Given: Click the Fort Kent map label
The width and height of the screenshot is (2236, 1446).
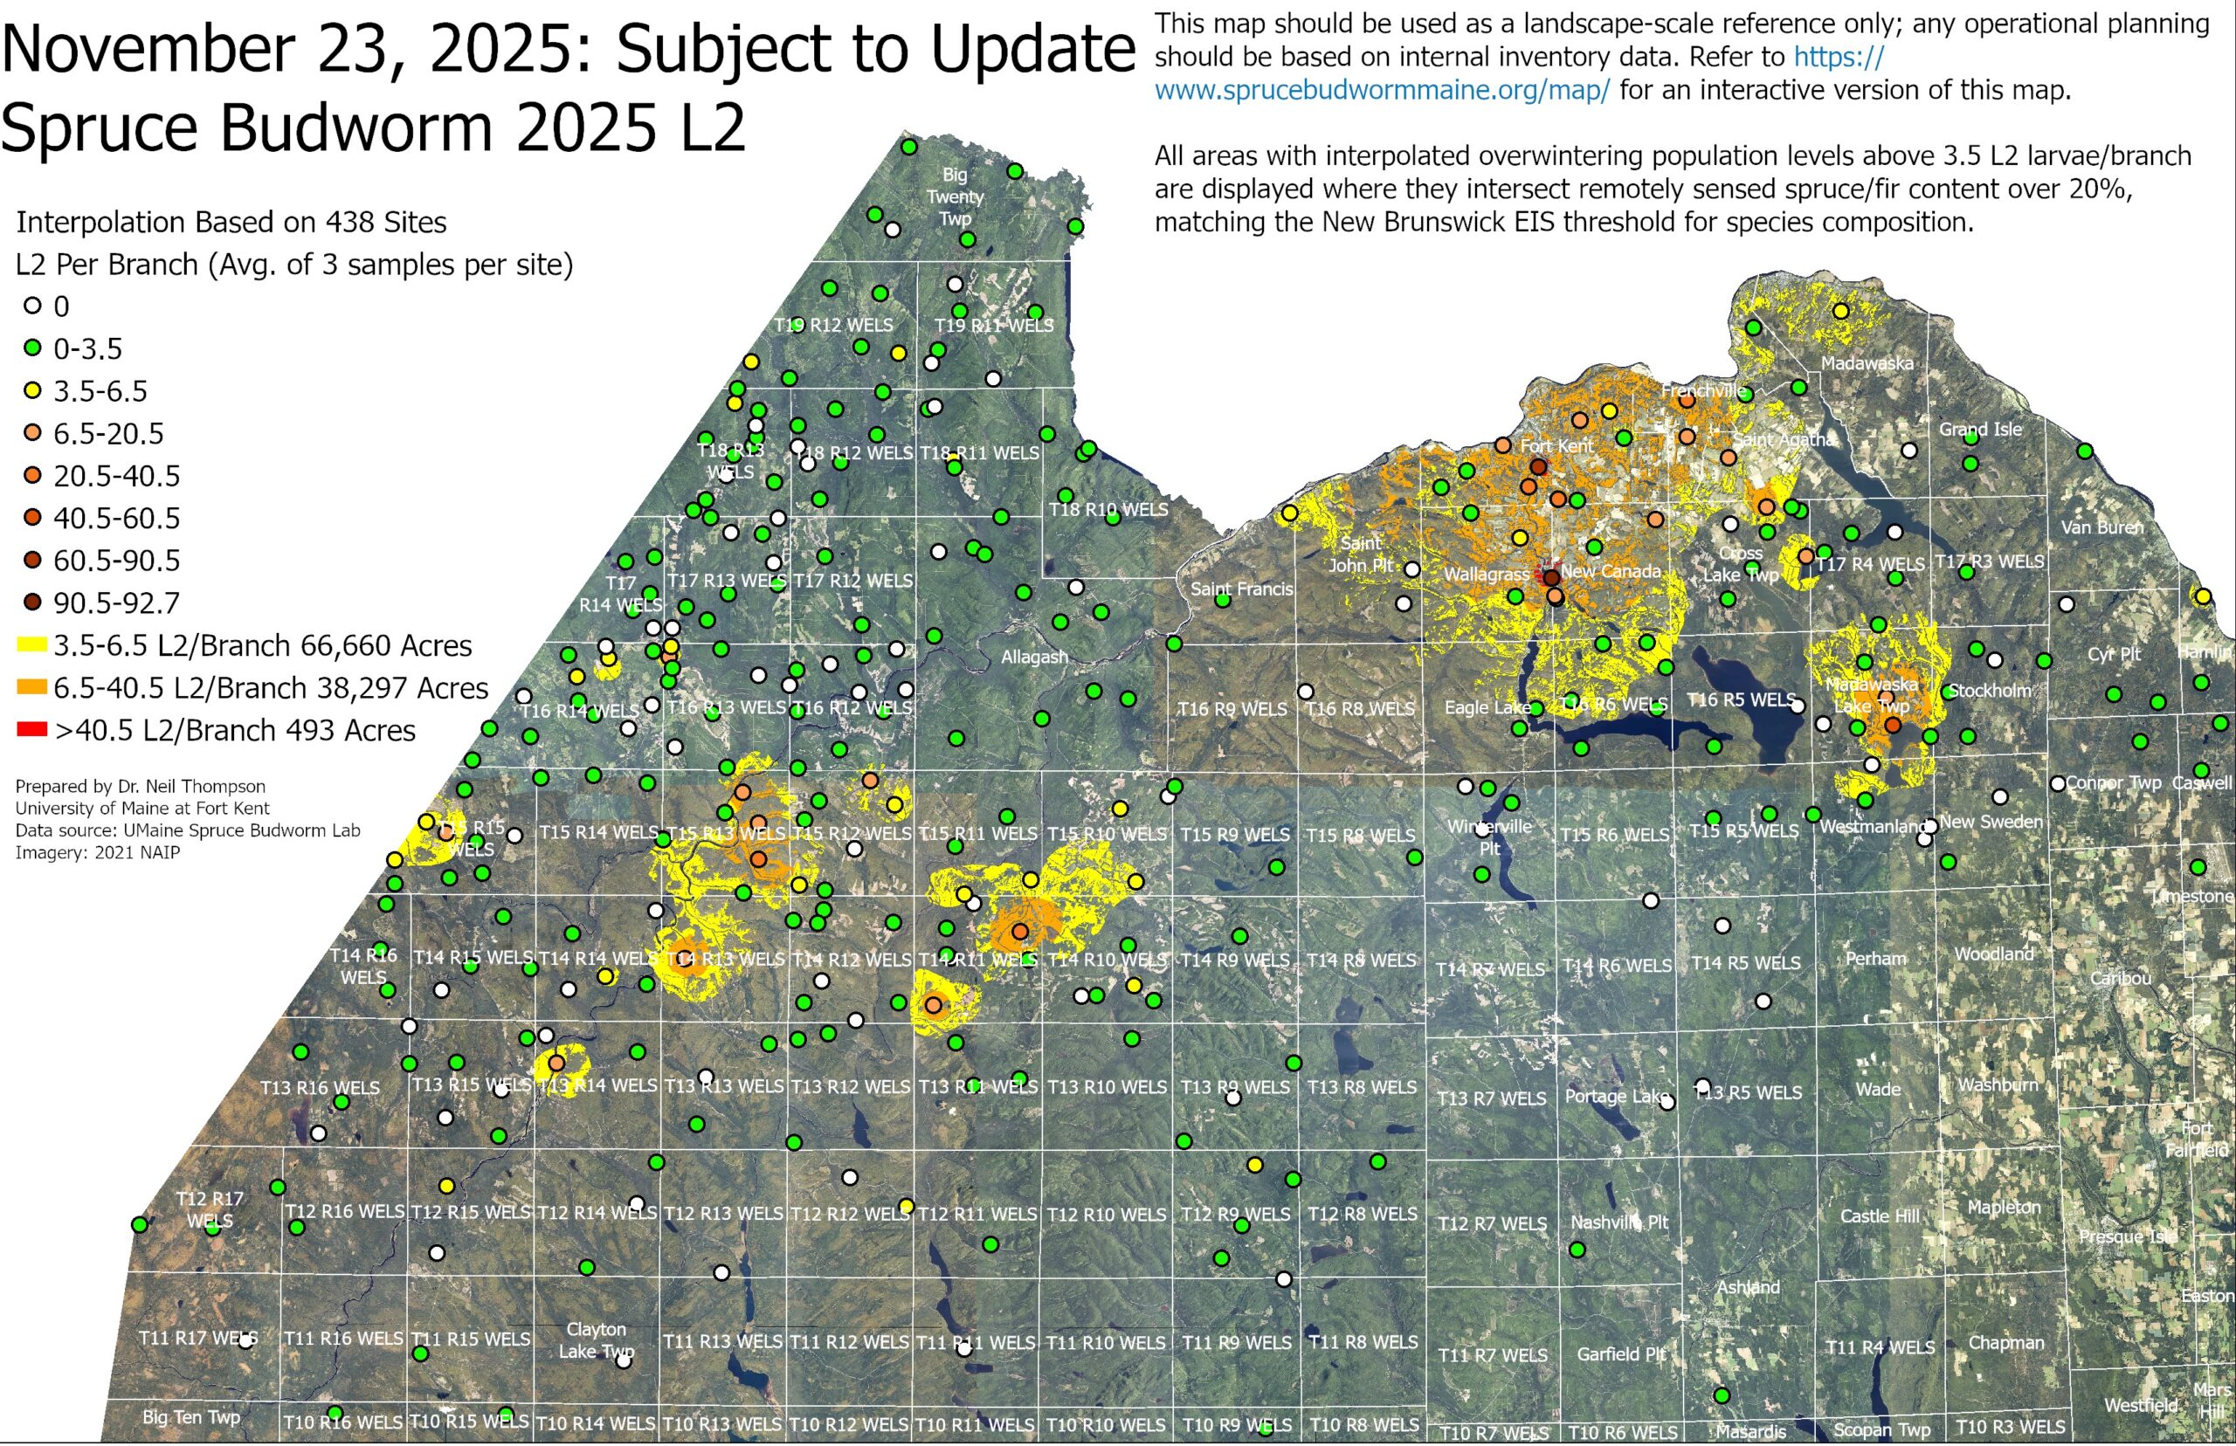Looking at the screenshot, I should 1556,446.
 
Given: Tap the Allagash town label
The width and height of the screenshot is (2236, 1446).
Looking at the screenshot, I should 1034,658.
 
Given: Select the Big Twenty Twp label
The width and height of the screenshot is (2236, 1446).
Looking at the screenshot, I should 955,196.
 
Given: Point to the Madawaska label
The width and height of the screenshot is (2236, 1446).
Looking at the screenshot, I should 1867,363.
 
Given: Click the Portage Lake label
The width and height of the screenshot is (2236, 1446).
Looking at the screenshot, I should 1616,1096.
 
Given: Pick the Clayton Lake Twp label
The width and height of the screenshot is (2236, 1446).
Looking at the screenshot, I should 597,1339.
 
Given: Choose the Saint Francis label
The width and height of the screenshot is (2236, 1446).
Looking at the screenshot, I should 1241,589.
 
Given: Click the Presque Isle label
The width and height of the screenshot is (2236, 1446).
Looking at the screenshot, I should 2127,1236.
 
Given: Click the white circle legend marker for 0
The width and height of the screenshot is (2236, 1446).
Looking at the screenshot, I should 33,306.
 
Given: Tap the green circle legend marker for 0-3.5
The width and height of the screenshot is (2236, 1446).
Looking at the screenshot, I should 33,348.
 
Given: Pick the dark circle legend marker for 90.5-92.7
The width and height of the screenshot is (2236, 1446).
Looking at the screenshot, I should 33,602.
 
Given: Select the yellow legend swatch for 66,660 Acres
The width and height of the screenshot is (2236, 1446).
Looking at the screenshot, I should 32,645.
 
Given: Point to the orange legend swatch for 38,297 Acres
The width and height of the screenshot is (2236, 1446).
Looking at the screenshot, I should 32,687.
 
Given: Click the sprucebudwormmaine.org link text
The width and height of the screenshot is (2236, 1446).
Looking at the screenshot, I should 1382,91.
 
